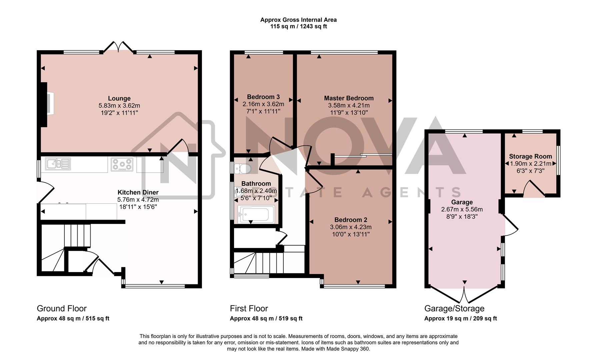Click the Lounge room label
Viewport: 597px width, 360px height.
click(x=119, y=98)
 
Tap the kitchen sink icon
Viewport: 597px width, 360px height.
click(x=58, y=163)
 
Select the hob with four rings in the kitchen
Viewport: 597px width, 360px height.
click(x=122, y=164)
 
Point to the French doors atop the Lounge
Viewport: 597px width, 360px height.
click(x=118, y=47)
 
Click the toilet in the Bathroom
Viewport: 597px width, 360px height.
click(x=242, y=169)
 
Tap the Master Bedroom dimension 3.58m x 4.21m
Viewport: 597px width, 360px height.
click(x=349, y=105)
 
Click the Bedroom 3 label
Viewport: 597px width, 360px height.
click(x=263, y=97)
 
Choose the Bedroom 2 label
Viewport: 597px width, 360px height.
click(x=351, y=220)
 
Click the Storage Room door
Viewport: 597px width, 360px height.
click(x=534, y=189)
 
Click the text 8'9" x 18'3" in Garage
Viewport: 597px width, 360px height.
click(x=462, y=216)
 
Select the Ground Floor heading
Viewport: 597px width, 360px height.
click(x=62, y=308)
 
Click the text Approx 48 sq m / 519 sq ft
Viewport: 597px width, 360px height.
click(x=266, y=318)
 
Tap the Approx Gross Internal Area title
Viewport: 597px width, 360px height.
click(x=298, y=20)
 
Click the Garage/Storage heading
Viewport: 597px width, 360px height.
click(x=454, y=308)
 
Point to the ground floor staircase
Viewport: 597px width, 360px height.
click(x=65, y=247)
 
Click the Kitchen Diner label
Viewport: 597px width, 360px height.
click(x=138, y=192)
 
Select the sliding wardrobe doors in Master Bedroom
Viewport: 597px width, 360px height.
click(x=363, y=155)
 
